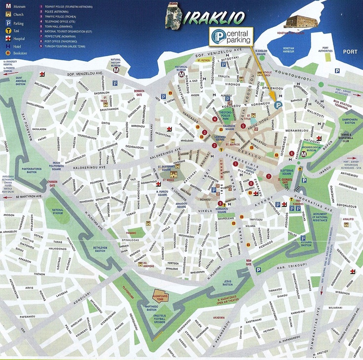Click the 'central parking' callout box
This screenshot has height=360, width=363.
coord(231,36)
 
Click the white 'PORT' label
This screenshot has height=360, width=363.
coord(350,51)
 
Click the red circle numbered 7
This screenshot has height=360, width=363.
coord(269,176)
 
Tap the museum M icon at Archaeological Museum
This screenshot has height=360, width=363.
coord(304,154)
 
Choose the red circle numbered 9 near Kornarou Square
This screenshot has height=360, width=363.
coord(220,203)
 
